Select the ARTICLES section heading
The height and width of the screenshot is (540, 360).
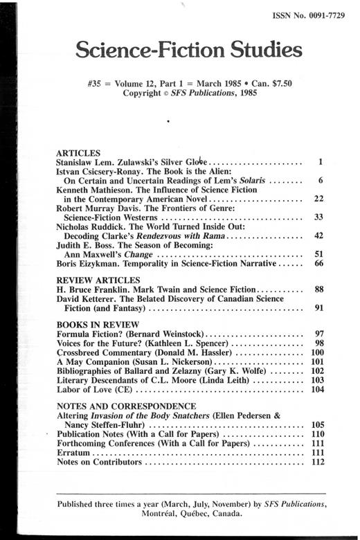pos(78,152)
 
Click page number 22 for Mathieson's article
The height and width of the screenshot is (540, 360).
pos(318,199)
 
